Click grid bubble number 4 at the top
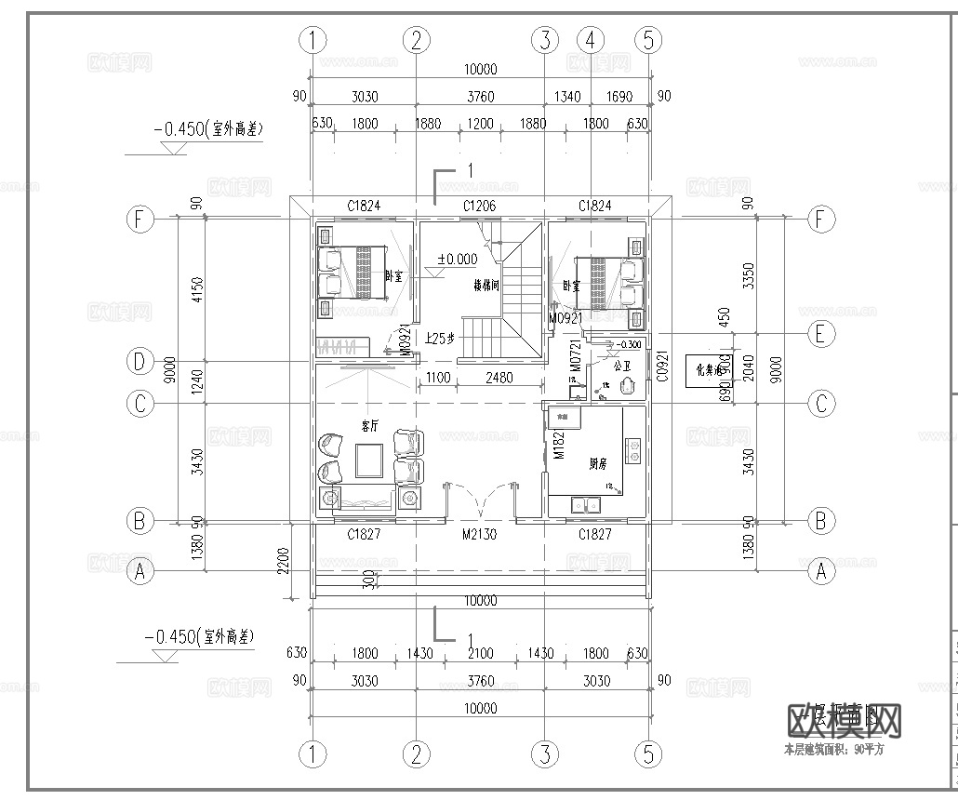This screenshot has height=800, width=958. [591, 40]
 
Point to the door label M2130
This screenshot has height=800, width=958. [481, 535]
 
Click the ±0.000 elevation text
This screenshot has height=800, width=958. [457, 260]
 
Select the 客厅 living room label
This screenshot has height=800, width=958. [369, 424]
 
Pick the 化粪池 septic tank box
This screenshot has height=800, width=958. [710, 371]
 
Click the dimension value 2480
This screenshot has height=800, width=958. [498, 378]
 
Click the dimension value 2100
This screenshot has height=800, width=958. [480, 653]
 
